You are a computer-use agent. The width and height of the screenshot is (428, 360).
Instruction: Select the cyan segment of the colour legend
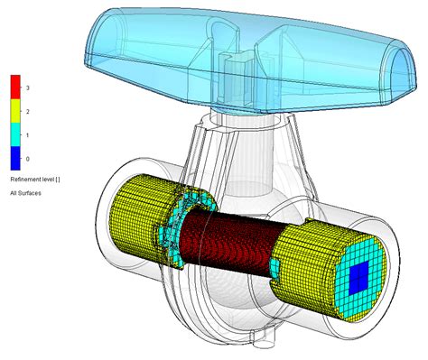15,134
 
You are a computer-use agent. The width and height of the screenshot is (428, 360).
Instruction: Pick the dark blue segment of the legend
15,158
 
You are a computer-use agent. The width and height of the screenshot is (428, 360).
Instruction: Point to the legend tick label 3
29,88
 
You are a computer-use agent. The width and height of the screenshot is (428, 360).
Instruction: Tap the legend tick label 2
29,111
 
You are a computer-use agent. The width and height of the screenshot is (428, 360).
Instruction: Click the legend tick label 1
29,134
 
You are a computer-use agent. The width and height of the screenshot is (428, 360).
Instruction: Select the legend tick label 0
29,158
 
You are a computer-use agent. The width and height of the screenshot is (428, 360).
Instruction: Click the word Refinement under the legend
27,180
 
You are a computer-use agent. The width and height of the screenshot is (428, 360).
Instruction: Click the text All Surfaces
26,192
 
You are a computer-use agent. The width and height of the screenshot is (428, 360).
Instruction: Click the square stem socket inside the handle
232,69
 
